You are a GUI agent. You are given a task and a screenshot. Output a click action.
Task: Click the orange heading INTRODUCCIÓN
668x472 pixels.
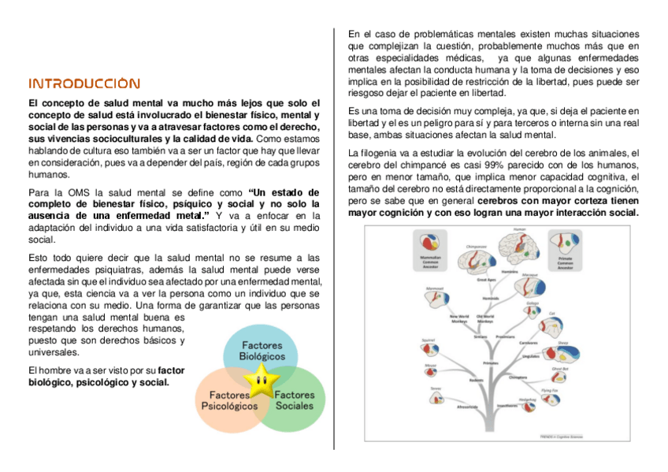84,84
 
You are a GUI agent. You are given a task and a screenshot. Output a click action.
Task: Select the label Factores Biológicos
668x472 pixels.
262,351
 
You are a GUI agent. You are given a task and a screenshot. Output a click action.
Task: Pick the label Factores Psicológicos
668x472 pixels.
229,400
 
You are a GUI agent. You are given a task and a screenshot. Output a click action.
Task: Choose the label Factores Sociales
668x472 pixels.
294,400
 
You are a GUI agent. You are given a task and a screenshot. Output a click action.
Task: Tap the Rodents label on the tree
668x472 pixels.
476,381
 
